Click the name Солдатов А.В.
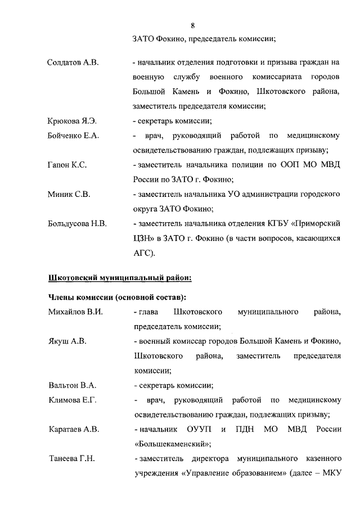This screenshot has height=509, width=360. coord(73,62)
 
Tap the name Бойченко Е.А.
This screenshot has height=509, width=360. coord(73,136)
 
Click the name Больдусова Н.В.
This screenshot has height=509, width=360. coord(77,224)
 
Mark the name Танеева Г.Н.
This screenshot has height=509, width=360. coord(71,459)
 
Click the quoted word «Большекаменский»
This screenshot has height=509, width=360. coord(167,444)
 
